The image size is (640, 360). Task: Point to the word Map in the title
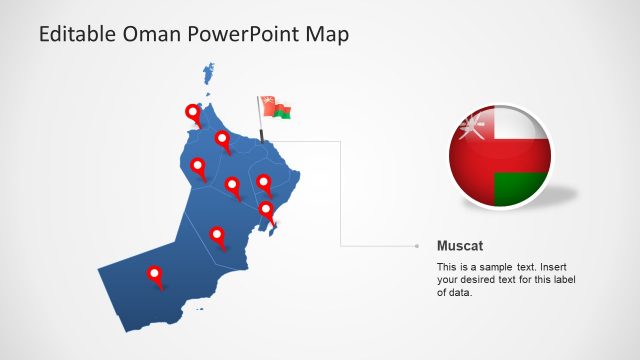[x=328, y=35]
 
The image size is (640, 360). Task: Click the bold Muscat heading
[x=461, y=245]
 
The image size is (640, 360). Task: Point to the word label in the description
[x=560, y=280]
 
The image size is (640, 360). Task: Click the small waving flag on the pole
[x=275, y=107]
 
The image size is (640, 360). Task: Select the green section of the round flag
[x=523, y=188]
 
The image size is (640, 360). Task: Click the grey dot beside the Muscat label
[x=416, y=245]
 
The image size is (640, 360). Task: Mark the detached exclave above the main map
[x=209, y=73]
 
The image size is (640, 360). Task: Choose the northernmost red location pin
[x=193, y=114]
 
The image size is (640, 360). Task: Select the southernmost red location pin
[x=155, y=274]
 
